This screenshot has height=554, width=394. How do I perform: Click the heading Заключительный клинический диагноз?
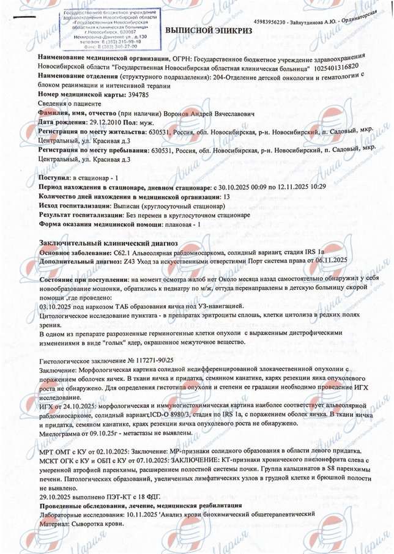pyautogui.click(x=107, y=243)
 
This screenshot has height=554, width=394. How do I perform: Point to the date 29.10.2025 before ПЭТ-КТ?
pyautogui.click(x=58, y=497)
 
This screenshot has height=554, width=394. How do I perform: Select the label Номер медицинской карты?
pyautogui.click(x=84, y=95)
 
